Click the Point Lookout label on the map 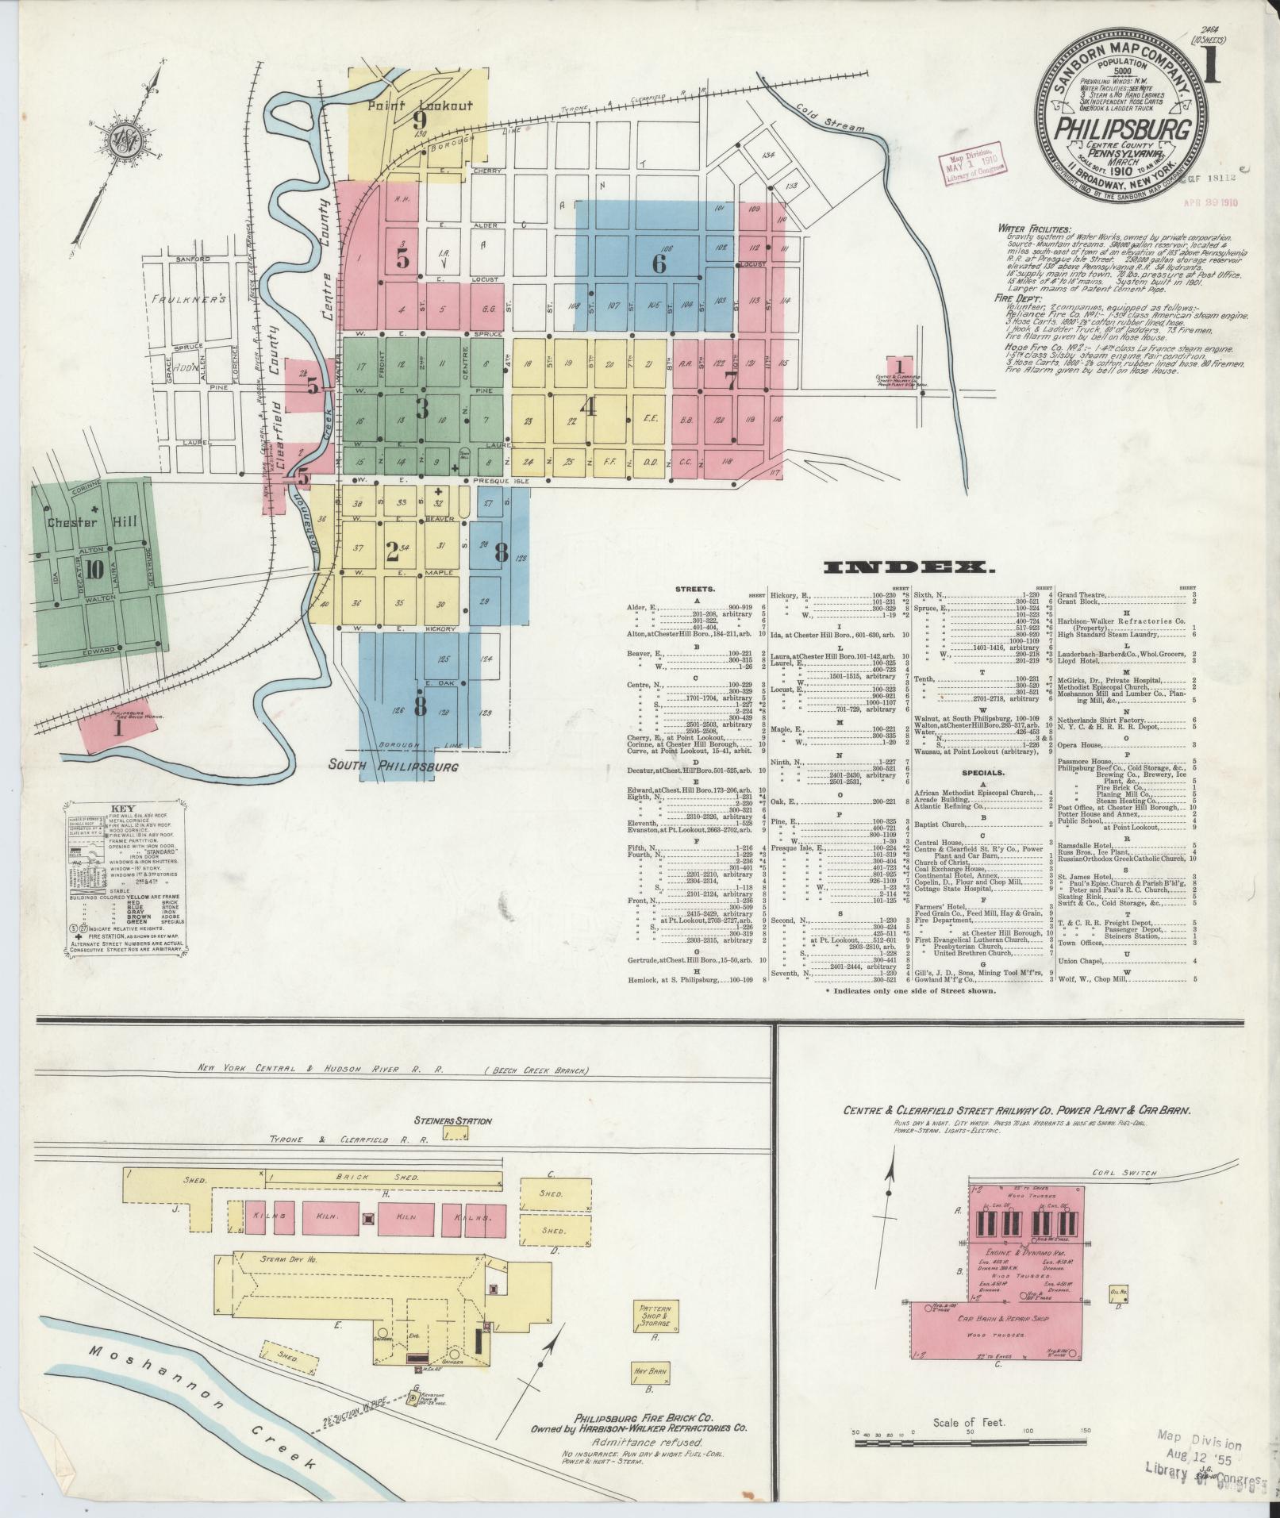(x=419, y=104)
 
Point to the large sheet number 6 (x=659, y=263)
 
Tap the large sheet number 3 (x=421, y=408)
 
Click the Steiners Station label (x=452, y=1120)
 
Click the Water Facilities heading (x=1033, y=229)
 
